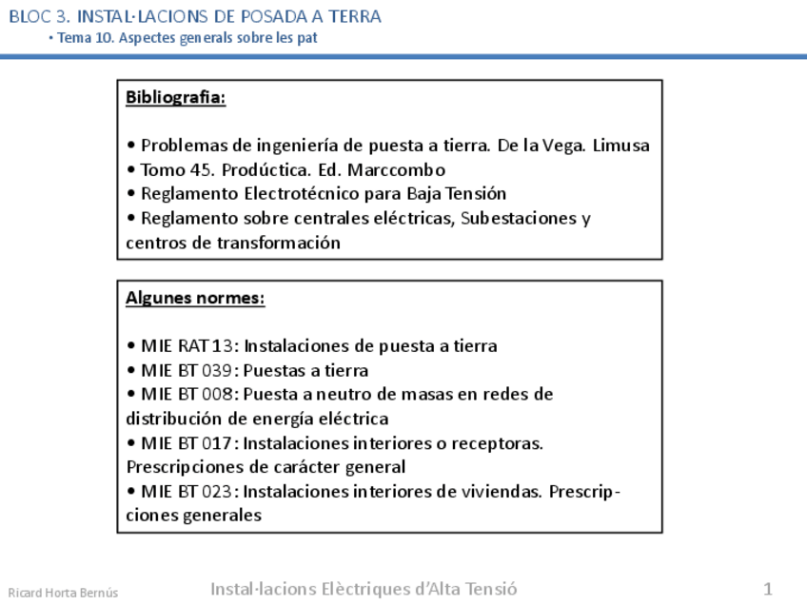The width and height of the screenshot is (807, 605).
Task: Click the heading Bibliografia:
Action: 175,97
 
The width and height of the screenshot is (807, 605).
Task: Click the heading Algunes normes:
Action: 195,298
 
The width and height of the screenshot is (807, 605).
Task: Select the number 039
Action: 217,370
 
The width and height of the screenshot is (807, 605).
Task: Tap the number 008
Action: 217,394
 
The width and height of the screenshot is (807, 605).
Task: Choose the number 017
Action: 217,442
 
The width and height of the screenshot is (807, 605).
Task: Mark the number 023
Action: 217,491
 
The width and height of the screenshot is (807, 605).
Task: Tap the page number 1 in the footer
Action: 767,588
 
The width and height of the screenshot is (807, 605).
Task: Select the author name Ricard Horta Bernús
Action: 63,592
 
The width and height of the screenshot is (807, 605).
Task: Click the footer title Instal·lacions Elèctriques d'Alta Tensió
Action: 364,588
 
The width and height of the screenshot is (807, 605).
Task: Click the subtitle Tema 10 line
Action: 183,38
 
